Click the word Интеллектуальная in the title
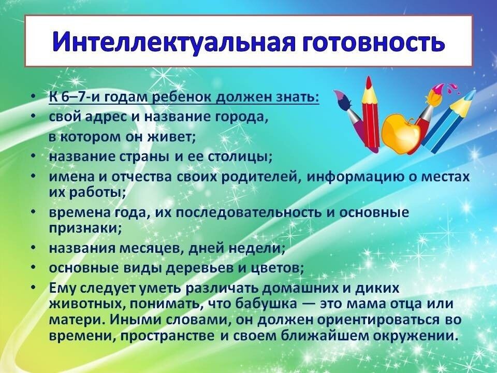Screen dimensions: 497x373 click(x=173, y=41)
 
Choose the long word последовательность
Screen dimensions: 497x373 click(x=248, y=212)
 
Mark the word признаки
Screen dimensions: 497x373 click(x=85, y=228)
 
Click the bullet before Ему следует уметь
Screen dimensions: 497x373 click(x=33, y=288)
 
